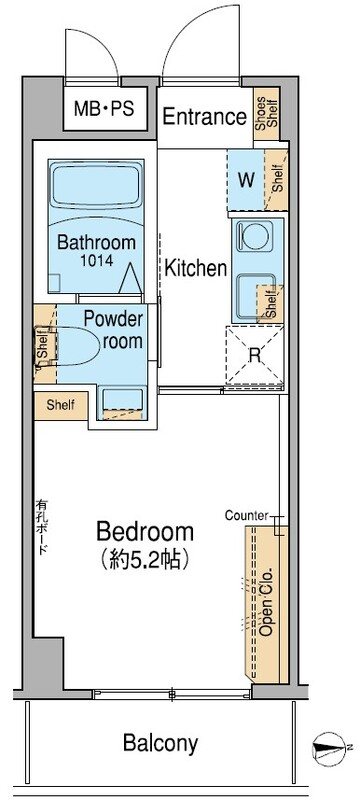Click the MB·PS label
point(104,108)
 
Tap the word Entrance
point(204,117)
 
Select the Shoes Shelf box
point(266,113)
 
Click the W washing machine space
point(246,180)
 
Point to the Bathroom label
point(96,242)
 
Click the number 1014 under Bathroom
point(96,260)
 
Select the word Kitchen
point(196,268)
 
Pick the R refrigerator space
point(254,355)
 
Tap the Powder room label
point(113,330)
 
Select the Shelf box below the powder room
point(61,406)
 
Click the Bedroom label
point(145,532)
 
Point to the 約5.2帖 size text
point(145,561)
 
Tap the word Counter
point(247,515)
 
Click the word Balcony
point(160,743)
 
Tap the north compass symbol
point(330,747)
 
